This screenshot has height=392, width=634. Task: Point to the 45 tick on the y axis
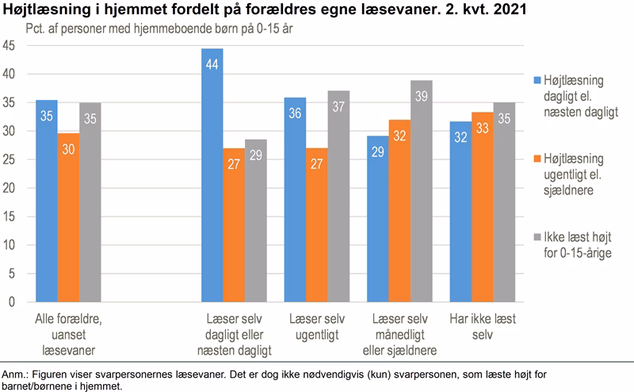point(10,46)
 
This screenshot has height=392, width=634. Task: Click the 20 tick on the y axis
point(10,188)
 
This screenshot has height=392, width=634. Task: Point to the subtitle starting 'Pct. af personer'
point(134,30)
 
